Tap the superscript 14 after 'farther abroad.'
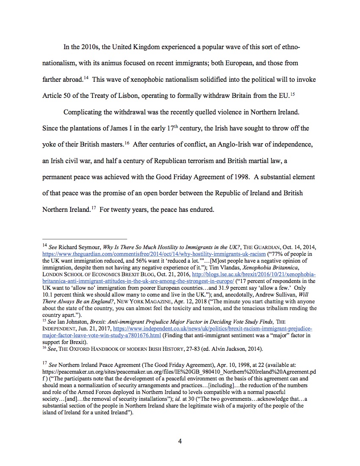[85, 78]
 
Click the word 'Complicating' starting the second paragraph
[83, 112]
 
